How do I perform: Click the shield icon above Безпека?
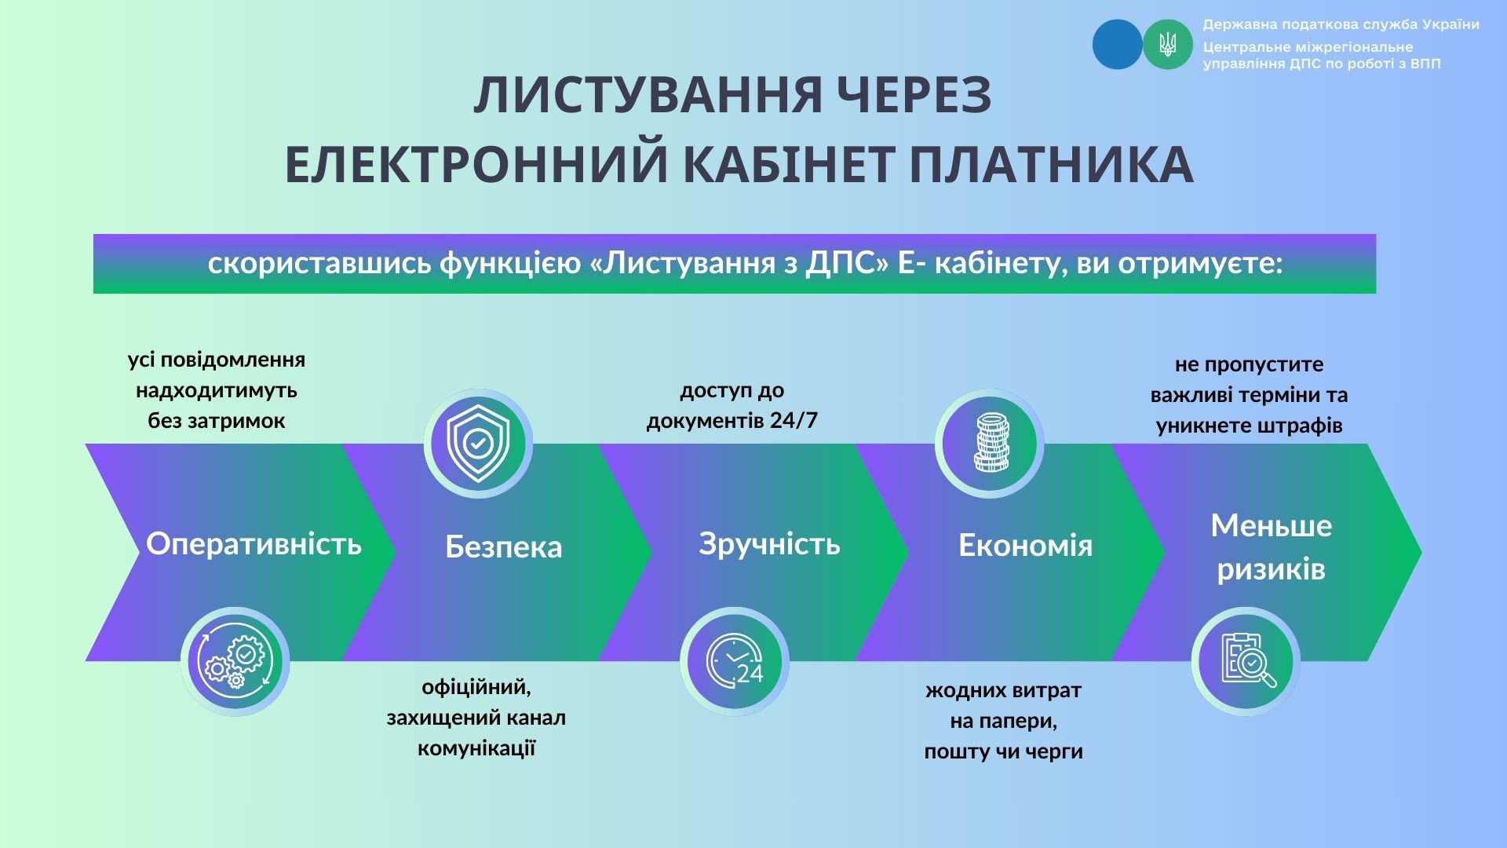pos(478,444)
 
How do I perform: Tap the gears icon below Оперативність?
pos(235,661)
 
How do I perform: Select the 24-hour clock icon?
pos(735,661)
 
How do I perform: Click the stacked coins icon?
pos(990,444)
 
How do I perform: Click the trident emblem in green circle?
pos(1168,44)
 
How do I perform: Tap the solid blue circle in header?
pos(1118,44)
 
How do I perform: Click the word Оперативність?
pos(254,543)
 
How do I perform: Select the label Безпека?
pos(504,546)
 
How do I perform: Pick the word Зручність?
pos(769,544)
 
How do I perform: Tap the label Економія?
pos(1026,545)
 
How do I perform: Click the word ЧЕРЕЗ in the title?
pos(910,96)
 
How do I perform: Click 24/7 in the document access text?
pos(794,421)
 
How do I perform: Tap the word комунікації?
pos(476,748)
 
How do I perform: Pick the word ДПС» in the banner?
pos(848,264)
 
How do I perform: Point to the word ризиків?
pos(1272,569)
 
